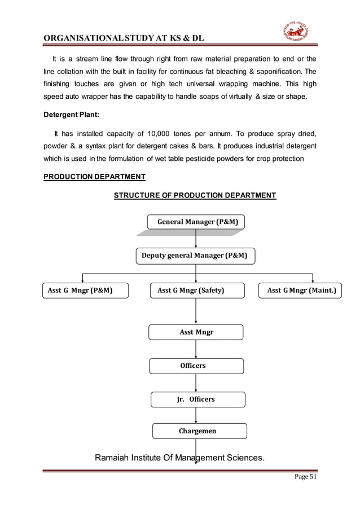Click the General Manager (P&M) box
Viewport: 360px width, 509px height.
click(196, 222)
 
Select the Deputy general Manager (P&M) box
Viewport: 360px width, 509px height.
click(195, 256)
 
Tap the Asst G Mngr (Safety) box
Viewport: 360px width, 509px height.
click(196, 291)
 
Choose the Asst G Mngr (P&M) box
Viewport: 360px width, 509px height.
click(85, 291)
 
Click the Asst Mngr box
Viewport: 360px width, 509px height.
click(196, 332)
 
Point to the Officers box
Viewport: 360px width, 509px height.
click(196, 366)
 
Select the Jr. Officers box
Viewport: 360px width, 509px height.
click(197, 399)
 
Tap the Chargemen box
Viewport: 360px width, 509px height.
click(199, 431)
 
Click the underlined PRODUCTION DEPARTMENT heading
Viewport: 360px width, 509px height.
click(94, 177)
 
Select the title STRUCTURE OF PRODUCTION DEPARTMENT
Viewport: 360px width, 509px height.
click(195, 196)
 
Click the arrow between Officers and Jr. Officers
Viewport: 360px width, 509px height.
click(196, 383)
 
